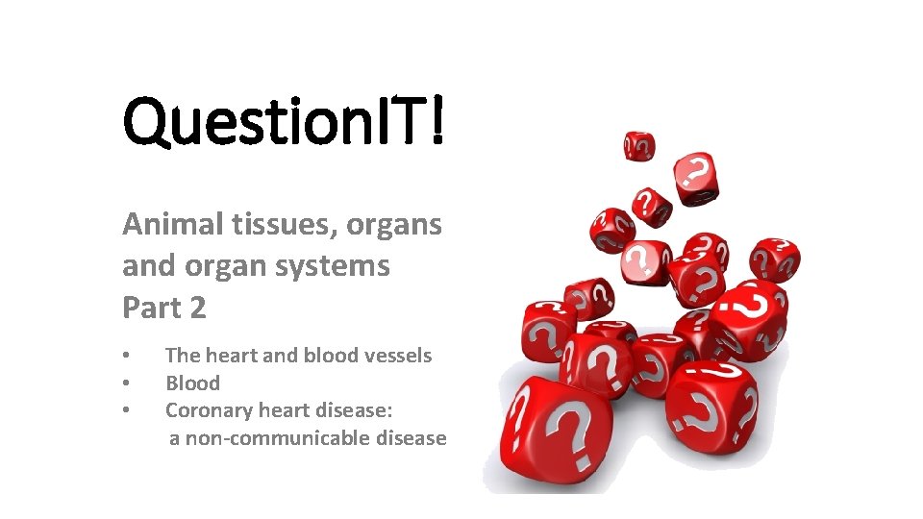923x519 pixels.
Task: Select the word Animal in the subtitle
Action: coord(169,224)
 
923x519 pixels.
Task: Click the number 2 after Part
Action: coord(197,308)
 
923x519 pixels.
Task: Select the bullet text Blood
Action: coord(192,383)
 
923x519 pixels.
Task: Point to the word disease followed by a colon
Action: coord(356,411)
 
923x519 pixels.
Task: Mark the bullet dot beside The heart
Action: coord(126,357)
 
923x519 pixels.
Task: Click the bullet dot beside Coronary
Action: coord(126,412)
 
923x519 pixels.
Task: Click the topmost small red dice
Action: coord(639,146)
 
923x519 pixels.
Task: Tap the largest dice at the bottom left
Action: coord(543,428)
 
